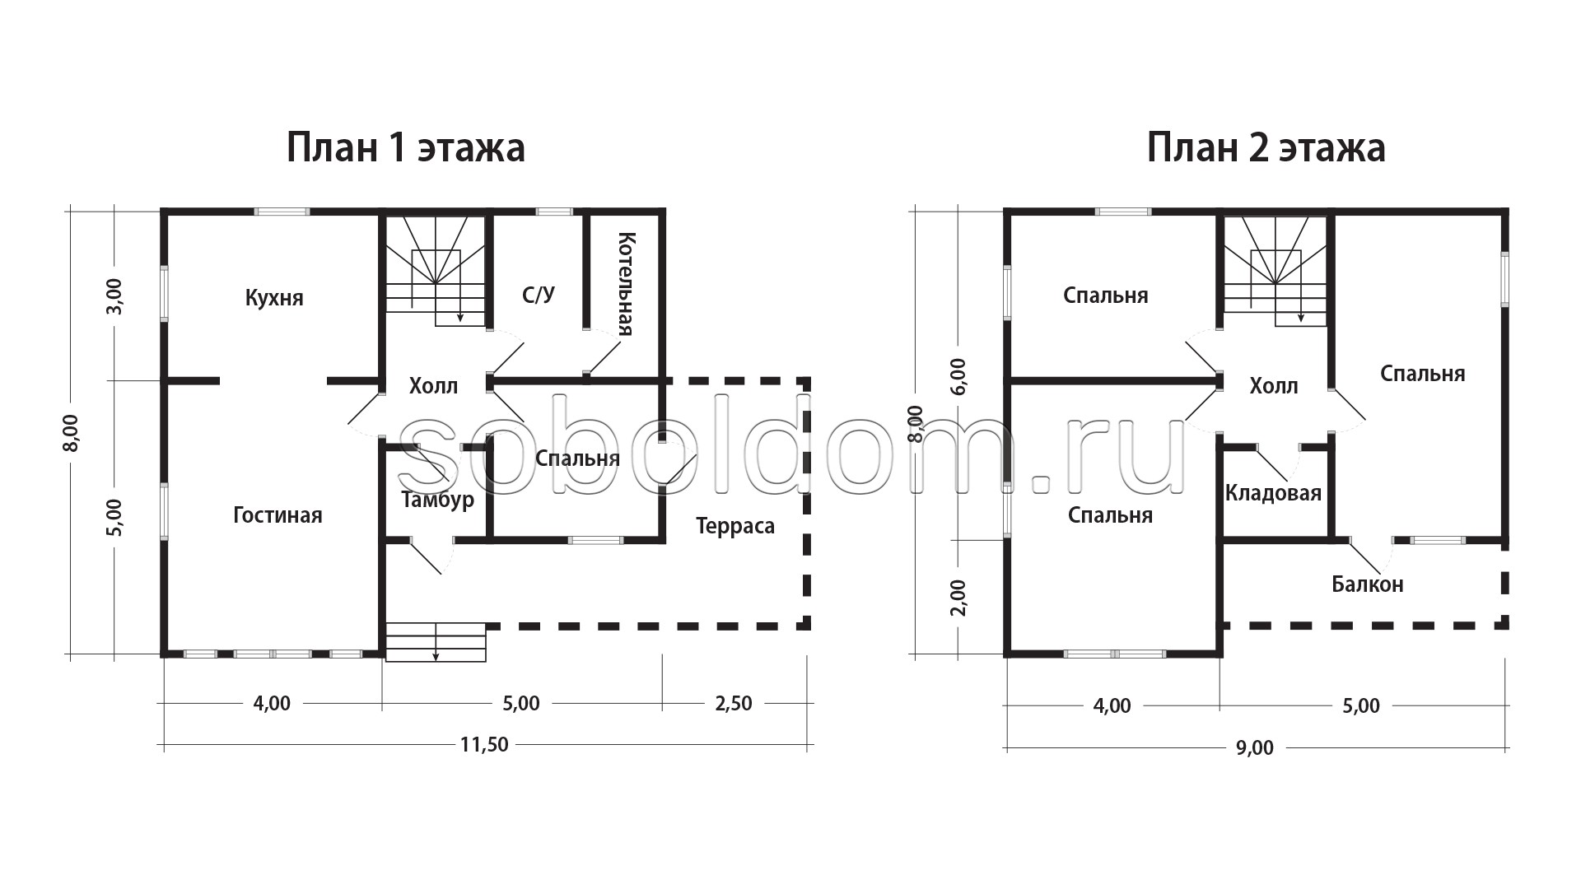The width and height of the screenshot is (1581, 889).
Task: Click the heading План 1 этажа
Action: [x=405, y=149]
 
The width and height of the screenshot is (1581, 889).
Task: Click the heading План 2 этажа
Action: [x=1266, y=149]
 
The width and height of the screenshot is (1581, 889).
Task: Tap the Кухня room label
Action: [x=274, y=298]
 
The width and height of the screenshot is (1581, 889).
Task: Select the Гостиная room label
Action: [x=277, y=515]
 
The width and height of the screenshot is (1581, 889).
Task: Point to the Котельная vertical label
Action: [x=626, y=284]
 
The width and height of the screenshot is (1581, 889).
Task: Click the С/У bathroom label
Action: [x=539, y=295]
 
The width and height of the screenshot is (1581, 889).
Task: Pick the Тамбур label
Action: [x=437, y=500]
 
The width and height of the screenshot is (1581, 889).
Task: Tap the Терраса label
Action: [x=735, y=526]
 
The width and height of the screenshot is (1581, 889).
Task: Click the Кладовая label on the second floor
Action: [x=1273, y=493]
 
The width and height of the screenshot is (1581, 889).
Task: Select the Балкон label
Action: [x=1368, y=584]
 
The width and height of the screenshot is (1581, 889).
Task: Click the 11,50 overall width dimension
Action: [x=484, y=745]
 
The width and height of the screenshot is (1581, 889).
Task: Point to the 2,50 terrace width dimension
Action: [x=733, y=704]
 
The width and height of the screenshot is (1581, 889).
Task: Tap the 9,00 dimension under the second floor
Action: [x=1254, y=748]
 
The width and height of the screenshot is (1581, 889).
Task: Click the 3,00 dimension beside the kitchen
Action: [x=114, y=296]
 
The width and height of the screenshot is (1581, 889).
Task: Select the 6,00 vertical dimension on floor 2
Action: [x=958, y=377]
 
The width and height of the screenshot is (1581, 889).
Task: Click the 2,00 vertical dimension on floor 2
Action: [x=958, y=598]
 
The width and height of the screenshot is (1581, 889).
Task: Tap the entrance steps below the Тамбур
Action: [x=436, y=642]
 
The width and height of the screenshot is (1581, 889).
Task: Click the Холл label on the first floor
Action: [x=433, y=385]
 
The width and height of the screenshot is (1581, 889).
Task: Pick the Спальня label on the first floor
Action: [x=577, y=458]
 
